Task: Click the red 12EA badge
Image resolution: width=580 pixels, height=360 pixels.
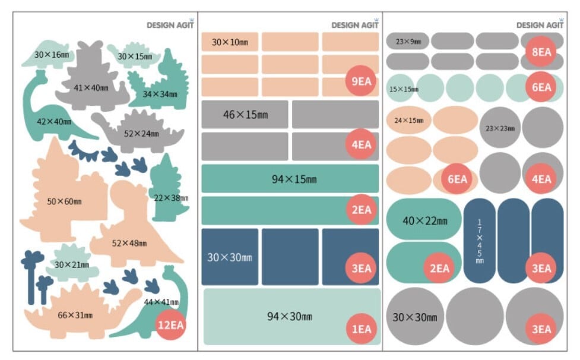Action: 170,324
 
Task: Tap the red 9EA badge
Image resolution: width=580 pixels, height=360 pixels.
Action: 360,82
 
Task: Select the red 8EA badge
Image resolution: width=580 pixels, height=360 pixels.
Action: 541,52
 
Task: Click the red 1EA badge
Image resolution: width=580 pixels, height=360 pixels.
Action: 360,328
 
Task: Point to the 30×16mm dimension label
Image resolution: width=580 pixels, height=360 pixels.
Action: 51,55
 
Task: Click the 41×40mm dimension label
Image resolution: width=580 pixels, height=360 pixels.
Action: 91,88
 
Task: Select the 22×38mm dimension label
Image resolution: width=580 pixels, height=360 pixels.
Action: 171,198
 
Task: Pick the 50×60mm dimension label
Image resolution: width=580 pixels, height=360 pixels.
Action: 64,201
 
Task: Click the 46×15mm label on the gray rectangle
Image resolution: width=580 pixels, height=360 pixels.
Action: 245,115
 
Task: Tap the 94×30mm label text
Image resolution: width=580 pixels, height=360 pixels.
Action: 289,316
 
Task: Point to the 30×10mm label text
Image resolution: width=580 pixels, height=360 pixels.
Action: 229,42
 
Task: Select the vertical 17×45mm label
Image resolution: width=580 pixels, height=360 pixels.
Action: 480,241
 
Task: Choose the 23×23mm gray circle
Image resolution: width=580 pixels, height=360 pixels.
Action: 500,128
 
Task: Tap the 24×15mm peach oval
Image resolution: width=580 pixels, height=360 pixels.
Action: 409,121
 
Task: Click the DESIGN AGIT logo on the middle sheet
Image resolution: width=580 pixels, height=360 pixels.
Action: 355,25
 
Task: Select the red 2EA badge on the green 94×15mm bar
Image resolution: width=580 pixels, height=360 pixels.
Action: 360,210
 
